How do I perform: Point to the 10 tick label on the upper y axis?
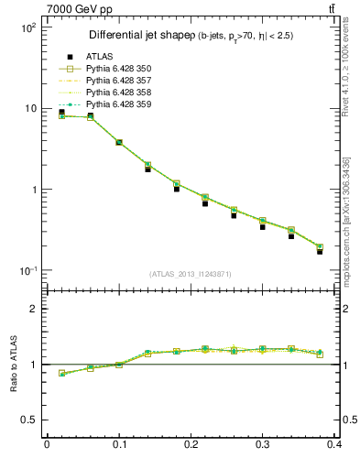click(30, 108)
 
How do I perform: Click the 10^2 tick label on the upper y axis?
click(28, 27)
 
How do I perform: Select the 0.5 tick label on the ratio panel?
click(28, 420)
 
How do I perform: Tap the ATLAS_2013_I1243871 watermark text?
click(190, 274)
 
